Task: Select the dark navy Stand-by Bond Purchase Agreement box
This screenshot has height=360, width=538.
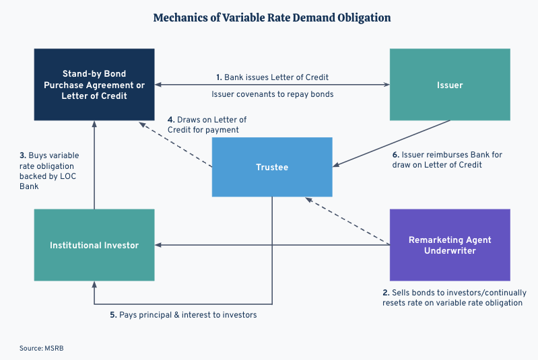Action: coord(94,85)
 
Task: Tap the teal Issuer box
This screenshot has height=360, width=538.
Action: coord(450,85)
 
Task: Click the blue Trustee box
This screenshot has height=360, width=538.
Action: coord(271,167)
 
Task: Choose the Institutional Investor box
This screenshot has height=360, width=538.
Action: coord(94,245)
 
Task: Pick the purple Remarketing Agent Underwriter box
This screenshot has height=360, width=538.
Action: coord(450,245)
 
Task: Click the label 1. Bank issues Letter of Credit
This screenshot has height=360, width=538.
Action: coord(272,77)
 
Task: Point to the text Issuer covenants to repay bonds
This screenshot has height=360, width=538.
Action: coord(272,94)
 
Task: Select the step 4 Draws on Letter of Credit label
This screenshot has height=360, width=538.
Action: coord(203,124)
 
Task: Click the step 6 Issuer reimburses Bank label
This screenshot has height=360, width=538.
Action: coord(447,159)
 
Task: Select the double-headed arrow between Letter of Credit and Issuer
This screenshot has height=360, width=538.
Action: coord(272,85)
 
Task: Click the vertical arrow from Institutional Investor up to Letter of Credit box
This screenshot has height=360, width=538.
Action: coord(94,165)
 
